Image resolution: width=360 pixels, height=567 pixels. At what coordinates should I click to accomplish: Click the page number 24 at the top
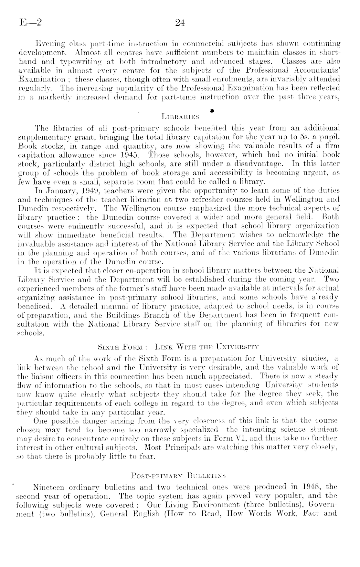[x=179, y=23]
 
